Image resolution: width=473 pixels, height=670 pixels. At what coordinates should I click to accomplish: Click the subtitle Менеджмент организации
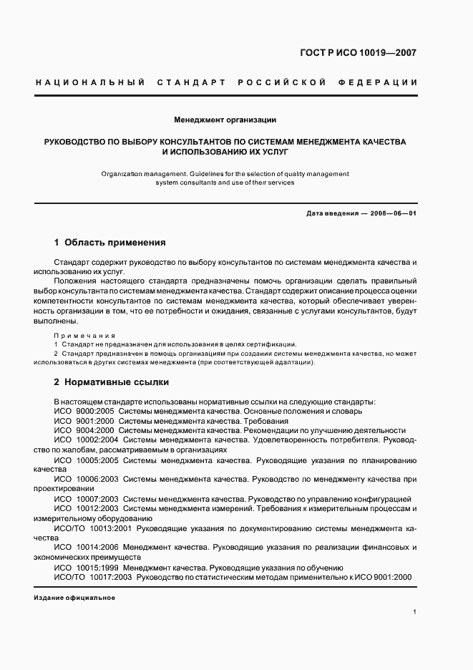click(x=225, y=120)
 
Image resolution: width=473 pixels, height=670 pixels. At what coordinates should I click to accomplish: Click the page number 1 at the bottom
click(x=415, y=611)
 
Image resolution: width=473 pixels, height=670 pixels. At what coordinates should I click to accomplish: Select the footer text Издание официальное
click(x=74, y=597)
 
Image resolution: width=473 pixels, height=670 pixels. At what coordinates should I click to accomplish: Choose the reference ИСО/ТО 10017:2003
click(x=92, y=576)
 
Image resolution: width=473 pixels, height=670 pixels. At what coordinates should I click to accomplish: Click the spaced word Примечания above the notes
click(x=84, y=334)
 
